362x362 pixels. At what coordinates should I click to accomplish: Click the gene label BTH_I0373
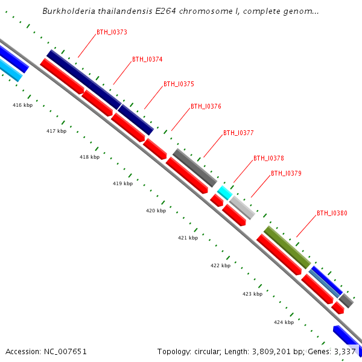(112, 32)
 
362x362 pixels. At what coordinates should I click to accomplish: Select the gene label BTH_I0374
(147, 59)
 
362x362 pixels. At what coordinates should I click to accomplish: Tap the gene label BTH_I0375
(179, 84)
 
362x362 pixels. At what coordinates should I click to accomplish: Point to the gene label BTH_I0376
(206, 106)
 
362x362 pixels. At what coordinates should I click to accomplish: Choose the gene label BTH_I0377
(238, 133)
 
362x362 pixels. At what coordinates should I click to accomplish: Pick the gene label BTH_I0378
(268, 158)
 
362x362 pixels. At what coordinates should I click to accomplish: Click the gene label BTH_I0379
(286, 173)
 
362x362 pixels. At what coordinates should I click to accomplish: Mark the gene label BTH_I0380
(332, 213)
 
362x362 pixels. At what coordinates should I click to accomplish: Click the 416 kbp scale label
(22, 105)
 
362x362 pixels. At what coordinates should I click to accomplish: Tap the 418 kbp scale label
(89, 157)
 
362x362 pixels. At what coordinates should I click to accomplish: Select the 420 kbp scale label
(156, 211)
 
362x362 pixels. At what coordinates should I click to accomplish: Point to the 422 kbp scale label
(220, 265)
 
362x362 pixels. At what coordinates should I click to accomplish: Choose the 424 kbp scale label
(284, 322)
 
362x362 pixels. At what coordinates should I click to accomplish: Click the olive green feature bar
(287, 247)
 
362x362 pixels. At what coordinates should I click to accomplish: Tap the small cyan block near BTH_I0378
(224, 193)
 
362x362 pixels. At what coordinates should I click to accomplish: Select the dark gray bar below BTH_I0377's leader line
(194, 168)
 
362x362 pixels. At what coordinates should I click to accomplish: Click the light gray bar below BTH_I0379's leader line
(243, 208)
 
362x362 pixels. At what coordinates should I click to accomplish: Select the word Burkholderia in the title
(67, 11)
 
